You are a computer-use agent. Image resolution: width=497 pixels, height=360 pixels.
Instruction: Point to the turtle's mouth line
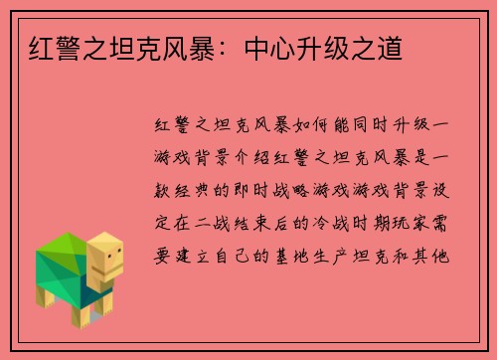tap(111, 270)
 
